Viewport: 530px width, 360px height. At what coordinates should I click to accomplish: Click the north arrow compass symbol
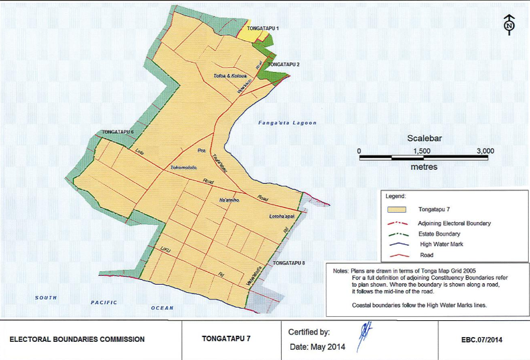(x=509, y=26)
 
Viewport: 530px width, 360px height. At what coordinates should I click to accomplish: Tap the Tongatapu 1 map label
(x=263, y=29)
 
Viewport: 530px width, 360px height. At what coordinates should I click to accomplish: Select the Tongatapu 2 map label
(x=283, y=64)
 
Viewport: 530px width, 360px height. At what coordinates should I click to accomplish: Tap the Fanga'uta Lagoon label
(x=287, y=123)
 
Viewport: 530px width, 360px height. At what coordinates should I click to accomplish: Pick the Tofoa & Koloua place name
(x=231, y=77)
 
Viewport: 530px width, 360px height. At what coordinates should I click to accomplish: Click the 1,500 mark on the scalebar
(x=422, y=151)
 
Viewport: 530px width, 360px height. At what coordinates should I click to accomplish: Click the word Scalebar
(x=425, y=139)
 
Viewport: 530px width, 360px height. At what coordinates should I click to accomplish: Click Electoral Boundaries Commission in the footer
(x=77, y=339)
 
